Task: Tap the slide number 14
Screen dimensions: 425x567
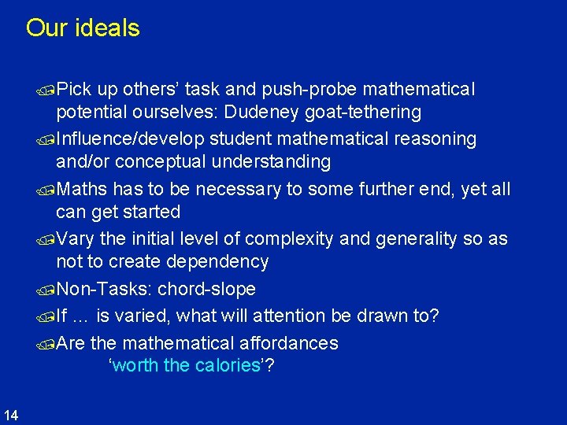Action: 11,414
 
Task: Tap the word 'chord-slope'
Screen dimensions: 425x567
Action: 206,289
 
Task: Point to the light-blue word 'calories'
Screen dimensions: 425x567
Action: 232,366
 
